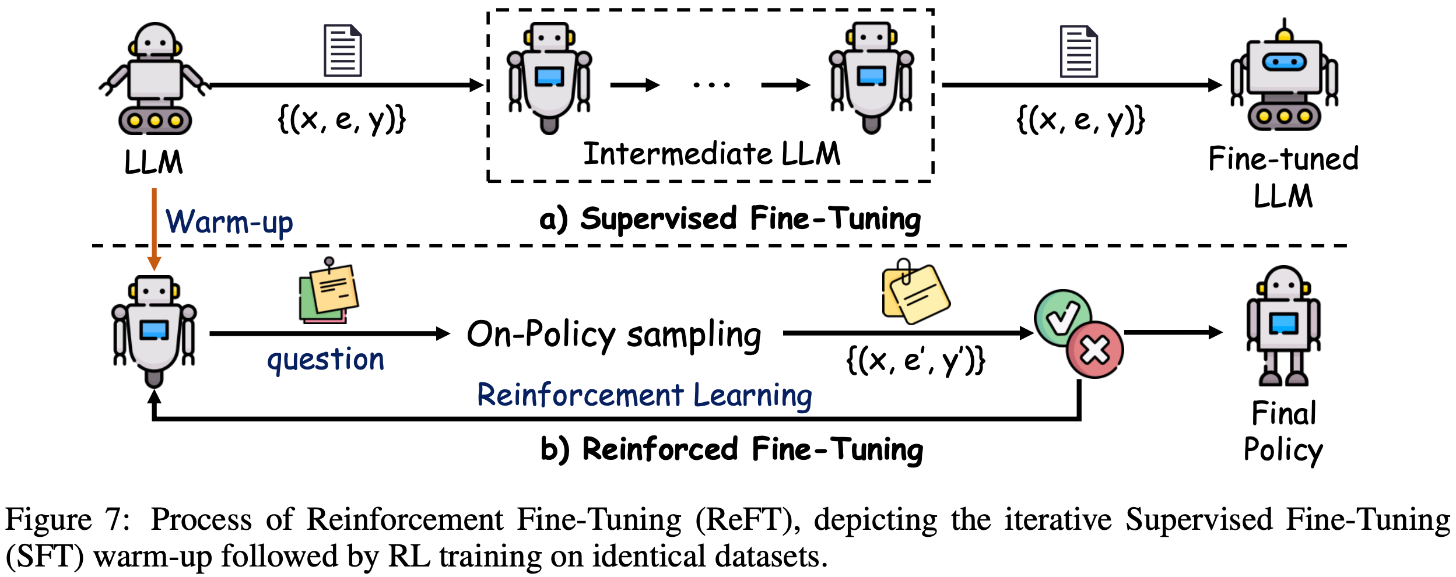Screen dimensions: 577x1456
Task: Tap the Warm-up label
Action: (x=229, y=222)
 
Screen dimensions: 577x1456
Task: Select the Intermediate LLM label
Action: (x=712, y=154)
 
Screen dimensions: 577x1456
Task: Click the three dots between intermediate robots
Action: (x=711, y=85)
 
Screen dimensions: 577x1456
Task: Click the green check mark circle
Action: (x=1062, y=318)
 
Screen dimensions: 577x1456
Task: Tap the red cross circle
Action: (x=1095, y=350)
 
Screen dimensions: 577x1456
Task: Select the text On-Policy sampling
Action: (x=614, y=335)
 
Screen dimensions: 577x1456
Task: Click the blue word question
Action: (x=325, y=360)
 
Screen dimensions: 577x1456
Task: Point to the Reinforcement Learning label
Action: (x=644, y=396)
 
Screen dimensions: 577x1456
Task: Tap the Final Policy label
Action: (x=1283, y=431)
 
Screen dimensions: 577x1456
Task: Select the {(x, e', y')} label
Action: (x=915, y=361)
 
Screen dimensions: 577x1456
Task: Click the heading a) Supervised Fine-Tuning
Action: (x=730, y=219)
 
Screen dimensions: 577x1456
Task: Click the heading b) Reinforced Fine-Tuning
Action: (x=732, y=450)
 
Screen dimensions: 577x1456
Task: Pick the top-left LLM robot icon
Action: (x=155, y=79)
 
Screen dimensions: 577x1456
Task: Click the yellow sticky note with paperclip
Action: (x=916, y=291)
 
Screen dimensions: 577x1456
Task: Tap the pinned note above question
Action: (x=329, y=291)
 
